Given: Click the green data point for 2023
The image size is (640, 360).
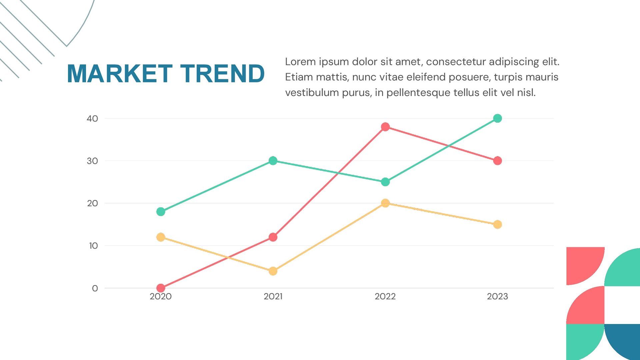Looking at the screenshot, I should [x=497, y=118].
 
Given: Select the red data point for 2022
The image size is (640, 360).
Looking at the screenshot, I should [x=385, y=127].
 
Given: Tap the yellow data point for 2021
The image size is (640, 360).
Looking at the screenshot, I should [x=273, y=271].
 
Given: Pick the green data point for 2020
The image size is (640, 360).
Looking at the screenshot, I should [x=161, y=212].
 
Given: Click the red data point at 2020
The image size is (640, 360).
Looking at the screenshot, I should [x=161, y=288].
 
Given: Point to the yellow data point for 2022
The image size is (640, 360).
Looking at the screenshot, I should [x=385, y=203].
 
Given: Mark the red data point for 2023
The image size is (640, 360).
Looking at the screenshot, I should [x=497, y=161].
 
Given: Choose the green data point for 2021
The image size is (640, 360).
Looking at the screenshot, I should [x=273, y=161].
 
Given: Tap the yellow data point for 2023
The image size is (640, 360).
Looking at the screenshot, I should [x=497, y=224].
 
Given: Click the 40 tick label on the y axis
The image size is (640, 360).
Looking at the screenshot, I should [x=92, y=119].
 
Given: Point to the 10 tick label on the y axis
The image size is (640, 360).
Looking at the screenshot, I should [x=93, y=246].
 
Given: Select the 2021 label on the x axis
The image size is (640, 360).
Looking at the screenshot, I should [x=273, y=296].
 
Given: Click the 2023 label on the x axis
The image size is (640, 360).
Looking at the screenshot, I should [x=497, y=296].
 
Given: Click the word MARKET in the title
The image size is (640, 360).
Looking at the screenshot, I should [x=120, y=74].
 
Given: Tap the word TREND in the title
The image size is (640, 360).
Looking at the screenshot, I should [x=222, y=74].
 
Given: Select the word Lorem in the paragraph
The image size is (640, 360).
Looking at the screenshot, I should [x=300, y=62].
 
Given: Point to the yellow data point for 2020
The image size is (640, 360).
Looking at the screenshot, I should [x=161, y=237].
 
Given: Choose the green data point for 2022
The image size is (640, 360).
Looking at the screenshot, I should [x=385, y=182].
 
